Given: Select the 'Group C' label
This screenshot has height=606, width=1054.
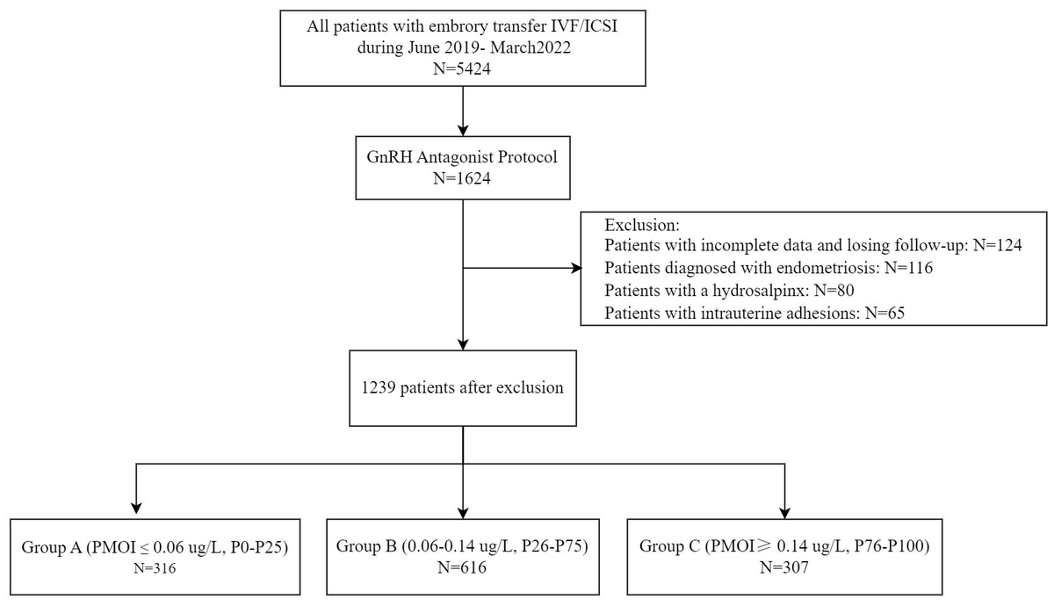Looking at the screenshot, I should (x=668, y=546).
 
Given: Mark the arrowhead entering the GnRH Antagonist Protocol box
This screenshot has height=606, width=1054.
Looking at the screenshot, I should (x=462, y=129).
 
